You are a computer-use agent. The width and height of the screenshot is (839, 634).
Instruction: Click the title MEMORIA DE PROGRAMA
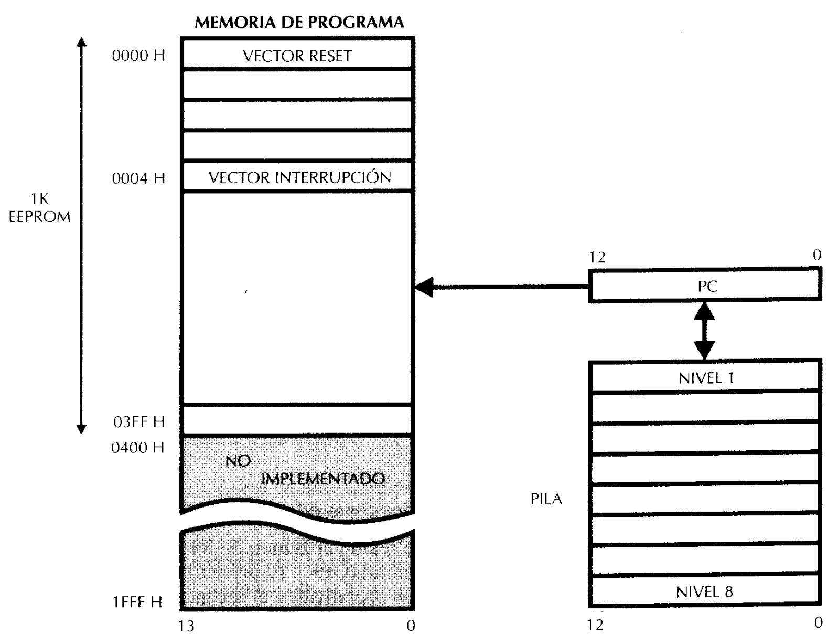[x=299, y=23]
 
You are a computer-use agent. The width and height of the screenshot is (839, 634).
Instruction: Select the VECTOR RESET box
[x=297, y=56]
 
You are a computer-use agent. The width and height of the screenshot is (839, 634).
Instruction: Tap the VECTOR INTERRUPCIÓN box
[x=299, y=177]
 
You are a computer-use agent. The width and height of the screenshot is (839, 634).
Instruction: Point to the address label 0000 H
[x=138, y=56]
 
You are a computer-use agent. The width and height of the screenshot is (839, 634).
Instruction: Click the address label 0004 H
[x=138, y=178]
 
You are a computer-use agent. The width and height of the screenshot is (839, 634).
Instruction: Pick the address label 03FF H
[x=139, y=421]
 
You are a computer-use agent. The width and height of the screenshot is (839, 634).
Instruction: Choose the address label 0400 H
[x=138, y=448]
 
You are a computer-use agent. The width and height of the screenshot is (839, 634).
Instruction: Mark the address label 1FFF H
[x=137, y=602]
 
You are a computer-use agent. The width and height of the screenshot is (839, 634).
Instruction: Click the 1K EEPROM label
[x=39, y=208]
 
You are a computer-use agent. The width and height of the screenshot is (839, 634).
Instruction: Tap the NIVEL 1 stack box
[x=705, y=378]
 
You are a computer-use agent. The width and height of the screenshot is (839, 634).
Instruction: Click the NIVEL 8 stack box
[x=704, y=592]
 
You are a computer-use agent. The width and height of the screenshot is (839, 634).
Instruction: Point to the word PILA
[x=546, y=499]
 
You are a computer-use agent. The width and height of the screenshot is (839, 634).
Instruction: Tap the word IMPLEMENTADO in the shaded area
[x=322, y=479]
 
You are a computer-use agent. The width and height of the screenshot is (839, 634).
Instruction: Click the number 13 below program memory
[x=187, y=626]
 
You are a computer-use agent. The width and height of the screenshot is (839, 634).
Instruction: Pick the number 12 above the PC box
[x=597, y=257]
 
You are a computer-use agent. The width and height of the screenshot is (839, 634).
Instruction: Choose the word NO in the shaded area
[x=238, y=461]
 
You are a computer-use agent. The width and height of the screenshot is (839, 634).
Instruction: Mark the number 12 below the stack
[x=595, y=625]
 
